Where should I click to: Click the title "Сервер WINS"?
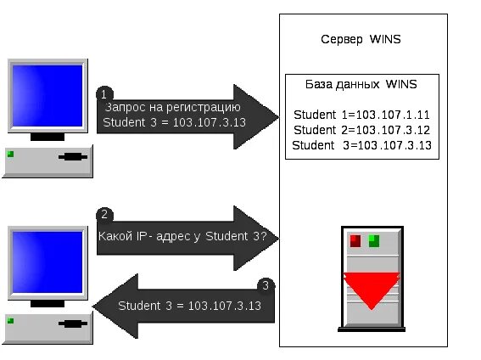(361, 40)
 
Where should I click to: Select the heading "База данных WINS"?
(361, 84)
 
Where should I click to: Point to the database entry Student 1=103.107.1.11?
(361, 115)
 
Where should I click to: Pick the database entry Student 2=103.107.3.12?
(362, 130)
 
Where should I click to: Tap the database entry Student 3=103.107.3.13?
(362, 145)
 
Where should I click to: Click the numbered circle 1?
(104, 94)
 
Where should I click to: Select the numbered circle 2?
(104, 215)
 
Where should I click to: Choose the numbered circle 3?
(266, 286)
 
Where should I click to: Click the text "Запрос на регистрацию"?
(172, 108)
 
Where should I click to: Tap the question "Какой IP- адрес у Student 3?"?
(182, 236)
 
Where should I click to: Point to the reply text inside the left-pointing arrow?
(189, 306)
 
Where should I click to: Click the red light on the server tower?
(355, 241)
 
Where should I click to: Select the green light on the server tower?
(374, 241)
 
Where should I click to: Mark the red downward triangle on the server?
(372, 288)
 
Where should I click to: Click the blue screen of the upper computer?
(48, 96)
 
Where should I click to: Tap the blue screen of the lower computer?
(48, 262)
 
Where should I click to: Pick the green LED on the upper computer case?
(10, 154)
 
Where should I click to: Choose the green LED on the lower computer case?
(10, 321)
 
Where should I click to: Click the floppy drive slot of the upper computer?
(73, 157)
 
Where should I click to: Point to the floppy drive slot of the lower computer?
(73, 323)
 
